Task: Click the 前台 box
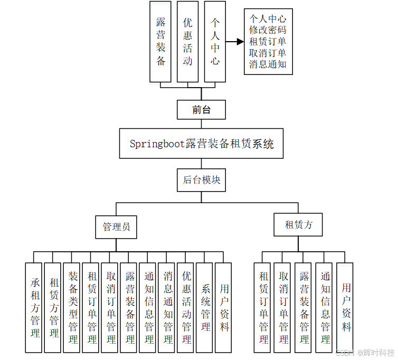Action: pyautogui.click(x=201, y=110)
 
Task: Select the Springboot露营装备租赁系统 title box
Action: pyautogui.click(x=201, y=143)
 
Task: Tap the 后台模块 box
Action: pyautogui.click(x=201, y=180)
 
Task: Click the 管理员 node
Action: pyautogui.click(x=116, y=227)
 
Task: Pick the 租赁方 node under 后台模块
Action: pyautogui.click(x=298, y=224)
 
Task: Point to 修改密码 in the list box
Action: pyautogui.click(x=268, y=30)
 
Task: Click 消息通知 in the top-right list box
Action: pyautogui.click(x=268, y=64)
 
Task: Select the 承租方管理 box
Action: pyautogui.click(x=34, y=307)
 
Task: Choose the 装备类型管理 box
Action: pyautogui.click(x=72, y=307)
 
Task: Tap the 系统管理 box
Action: pyautogui.click(x=205, y=307)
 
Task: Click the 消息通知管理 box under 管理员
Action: pyautogui.click(x=167, y=307)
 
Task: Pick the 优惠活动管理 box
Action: pyautogui.click(x=186, y=307)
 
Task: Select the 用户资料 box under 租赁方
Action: pyautogui.click(x=345, y=307)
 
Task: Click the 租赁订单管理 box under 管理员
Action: pyautogui.click(x=91, y=307)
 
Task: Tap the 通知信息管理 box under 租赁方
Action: pyautogui.click(x=325, y=307)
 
